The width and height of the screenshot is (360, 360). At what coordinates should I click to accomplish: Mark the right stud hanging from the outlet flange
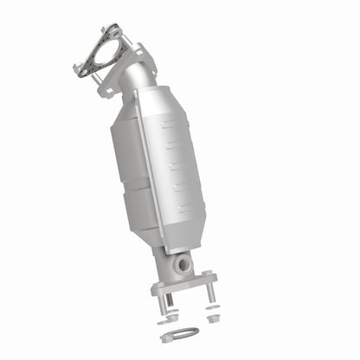tap(209, 294)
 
